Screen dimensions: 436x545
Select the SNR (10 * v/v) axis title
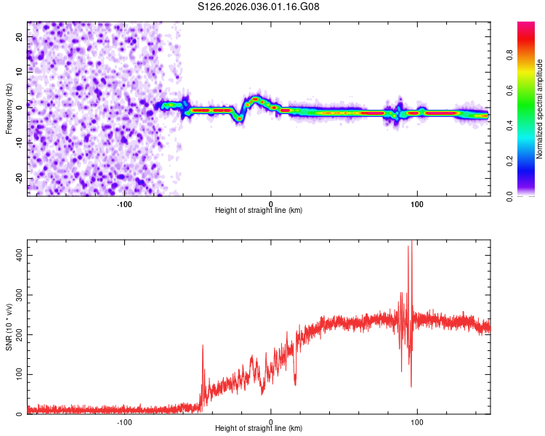[x=9, y=328]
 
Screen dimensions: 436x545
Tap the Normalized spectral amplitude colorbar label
[x=540, y=109]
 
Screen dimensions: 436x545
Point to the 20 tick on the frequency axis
[x=20, y=39]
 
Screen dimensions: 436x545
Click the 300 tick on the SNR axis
[x=16, y=295]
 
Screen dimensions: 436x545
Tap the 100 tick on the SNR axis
[x=16, y=374]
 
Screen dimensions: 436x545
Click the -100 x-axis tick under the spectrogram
[x=124, y=203]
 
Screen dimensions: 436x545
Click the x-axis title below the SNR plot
[x=259, y=429]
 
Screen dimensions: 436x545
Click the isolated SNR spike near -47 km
[x=203, y=347]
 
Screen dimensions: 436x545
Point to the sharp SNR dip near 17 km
[x=295, y=383]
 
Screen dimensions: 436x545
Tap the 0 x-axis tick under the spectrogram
[x=271, y=203]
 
